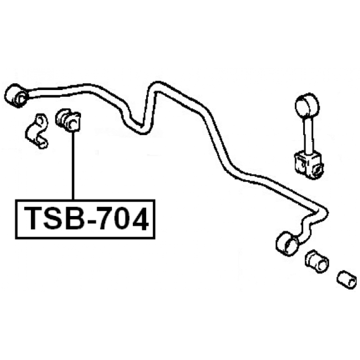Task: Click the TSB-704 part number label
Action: tap(85, 219)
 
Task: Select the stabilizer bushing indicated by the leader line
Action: tap(68, 120)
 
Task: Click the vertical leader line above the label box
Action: tap(73, 166)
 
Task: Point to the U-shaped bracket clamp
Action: tap(37, 131)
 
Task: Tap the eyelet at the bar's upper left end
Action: tap(17, 96)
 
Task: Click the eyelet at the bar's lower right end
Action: tap(287, 244)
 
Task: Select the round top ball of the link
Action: tap(307, 105)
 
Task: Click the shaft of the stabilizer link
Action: tap(308, 135)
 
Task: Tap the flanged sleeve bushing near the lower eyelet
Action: tap(317, 261)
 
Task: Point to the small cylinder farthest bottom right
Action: tap(346, 279)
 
